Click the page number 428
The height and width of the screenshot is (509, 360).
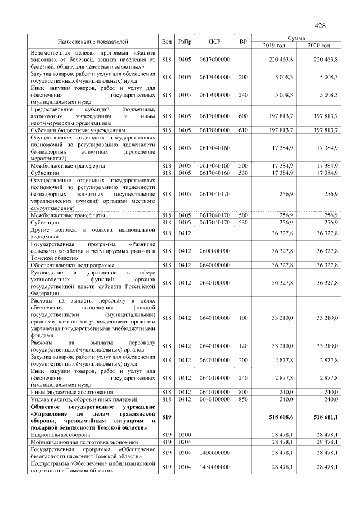click(x=320, y=26)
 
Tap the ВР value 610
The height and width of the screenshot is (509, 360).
click(x=243, y=130)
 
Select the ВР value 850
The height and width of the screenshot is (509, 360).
click(x=243, y=399)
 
